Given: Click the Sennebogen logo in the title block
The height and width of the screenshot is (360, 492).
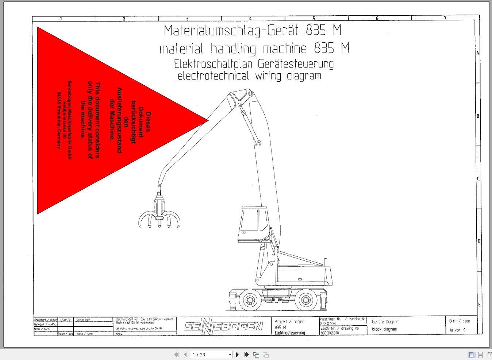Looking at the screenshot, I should coord(223,326).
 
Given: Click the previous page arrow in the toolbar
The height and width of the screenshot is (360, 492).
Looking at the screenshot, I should coord(185,355).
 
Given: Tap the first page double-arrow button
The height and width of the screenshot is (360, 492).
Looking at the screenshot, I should coord(177,355).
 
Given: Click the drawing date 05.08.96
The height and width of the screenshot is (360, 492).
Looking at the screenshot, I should coord(66,320).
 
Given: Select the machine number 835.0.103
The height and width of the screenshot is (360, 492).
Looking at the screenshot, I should coord(328,324).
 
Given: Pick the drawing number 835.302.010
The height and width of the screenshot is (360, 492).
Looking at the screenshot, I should coord(330,333).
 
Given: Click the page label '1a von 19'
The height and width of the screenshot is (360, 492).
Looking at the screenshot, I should coord(457,330).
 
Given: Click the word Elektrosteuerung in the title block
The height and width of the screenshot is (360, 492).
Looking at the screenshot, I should coord(290,333).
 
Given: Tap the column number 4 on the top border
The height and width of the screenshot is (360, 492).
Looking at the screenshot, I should coord(250,18).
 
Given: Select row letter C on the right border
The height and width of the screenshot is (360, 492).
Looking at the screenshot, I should coord(478,179).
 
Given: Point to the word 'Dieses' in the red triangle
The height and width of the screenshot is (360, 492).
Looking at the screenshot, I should coord(148,122).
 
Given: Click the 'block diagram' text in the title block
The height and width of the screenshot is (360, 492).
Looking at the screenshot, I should coord(384,329).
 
